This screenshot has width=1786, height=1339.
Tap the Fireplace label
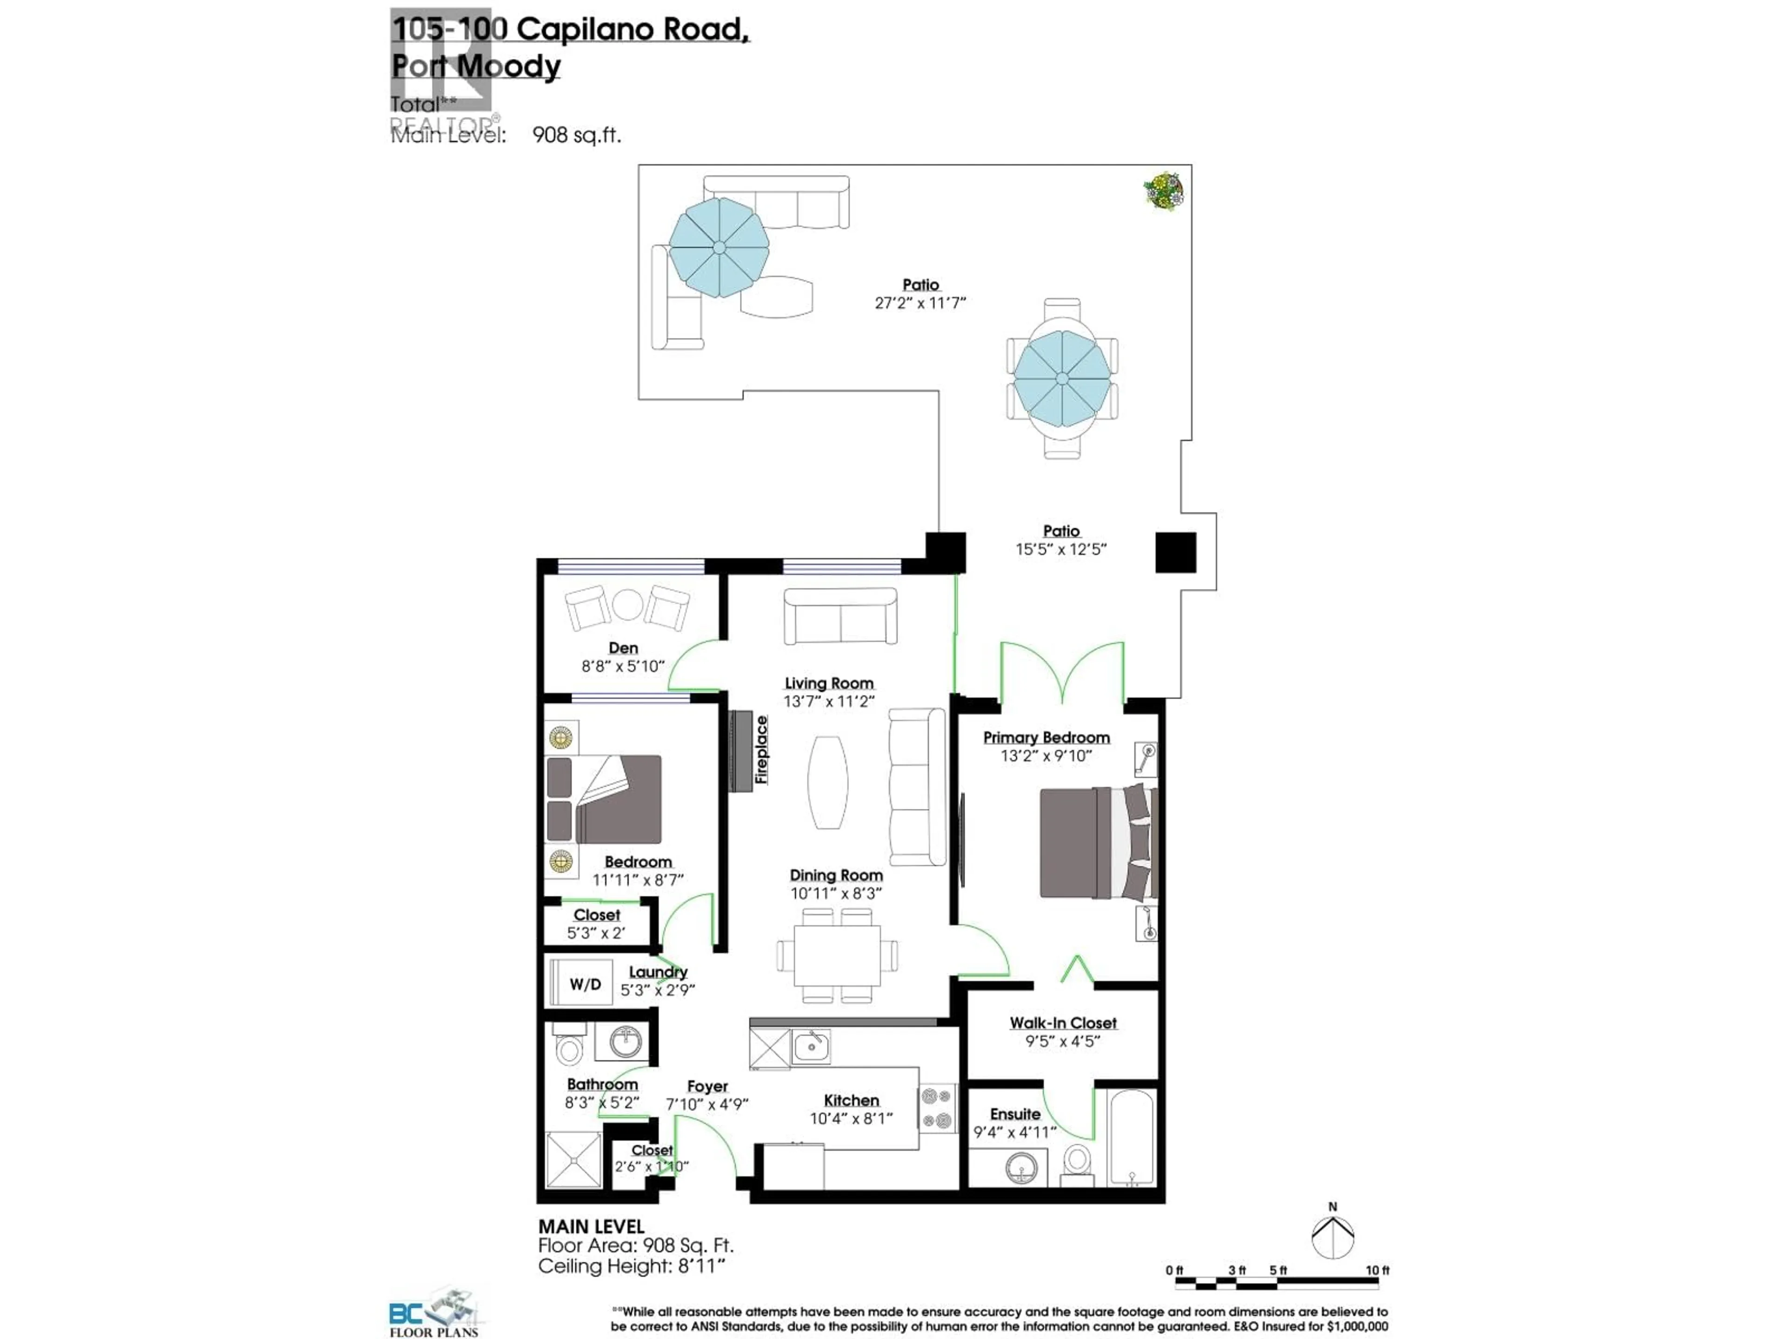pos(760,750)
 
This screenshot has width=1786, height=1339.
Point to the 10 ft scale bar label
pos(1378,1270)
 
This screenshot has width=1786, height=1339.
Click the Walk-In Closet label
pos(1063,1022)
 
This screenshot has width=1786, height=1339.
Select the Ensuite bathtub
pos(1131,1138)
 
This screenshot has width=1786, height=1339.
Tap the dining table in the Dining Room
pos(836,955)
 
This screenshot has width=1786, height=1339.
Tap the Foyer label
pos(707,1087)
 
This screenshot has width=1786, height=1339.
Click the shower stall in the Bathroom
pos(574,1160)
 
